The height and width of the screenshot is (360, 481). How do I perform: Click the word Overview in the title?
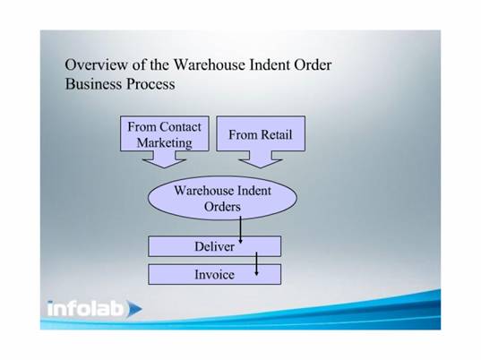pyautogui.click(x=97, y=64)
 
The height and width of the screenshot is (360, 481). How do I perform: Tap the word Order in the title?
pyautogui.click(x=313, y=64)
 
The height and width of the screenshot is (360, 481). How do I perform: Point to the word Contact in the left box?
pyautogui.click(x=180, y=126)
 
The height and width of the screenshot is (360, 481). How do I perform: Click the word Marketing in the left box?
pyautogui.click(x=165, y=143)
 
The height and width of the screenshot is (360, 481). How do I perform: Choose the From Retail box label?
pyautogui.click(x=261, y=134)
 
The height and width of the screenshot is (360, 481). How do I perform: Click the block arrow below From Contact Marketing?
pyautogui.click(x=165, y=159)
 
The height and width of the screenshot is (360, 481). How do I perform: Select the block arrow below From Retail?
pyautogui.click(x=261, y=159)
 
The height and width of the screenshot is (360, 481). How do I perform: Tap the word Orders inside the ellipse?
pyautogui.click(x=222, y=206)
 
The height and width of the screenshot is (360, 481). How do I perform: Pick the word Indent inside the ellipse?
pyautogui.click(x=254, y=191)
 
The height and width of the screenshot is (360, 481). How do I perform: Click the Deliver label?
pyautogui.click(x=214, y=246)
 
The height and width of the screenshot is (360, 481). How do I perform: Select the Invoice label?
pyautogui.click(x=214, y=274)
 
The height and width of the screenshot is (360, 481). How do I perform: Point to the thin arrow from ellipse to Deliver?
pyautogui.click(x=240, y=230)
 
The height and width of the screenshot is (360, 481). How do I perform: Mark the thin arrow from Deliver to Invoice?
pyautogui.click(x=257, y=263)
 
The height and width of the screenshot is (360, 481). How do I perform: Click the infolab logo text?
pyautogui.click(x=86, y=308)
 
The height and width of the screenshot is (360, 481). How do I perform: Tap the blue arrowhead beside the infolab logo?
pyautogui.click(x=134, y=308)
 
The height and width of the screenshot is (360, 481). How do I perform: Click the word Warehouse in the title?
pyautogui.click(x=210, y=64)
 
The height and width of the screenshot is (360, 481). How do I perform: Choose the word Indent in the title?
pyautogui.click(x=270, y=64)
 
